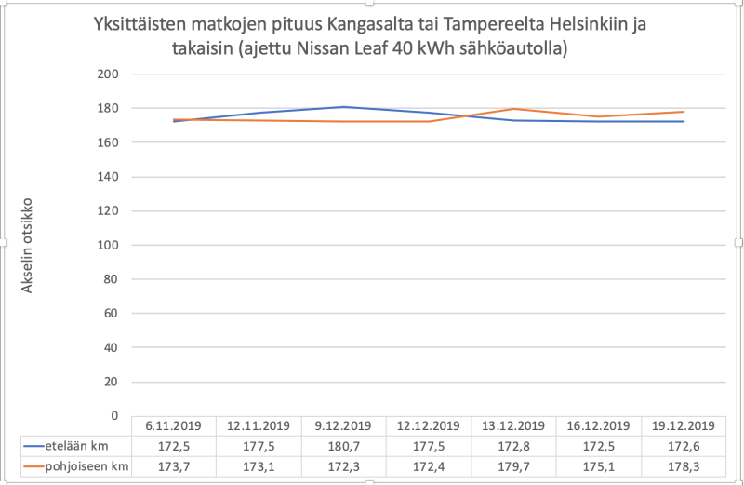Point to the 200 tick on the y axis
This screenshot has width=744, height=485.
tap(109, 74)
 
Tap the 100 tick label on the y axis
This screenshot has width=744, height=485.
tap(109, 245)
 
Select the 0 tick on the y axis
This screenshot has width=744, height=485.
tap(113, 416)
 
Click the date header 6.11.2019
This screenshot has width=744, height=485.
tap(175, 426)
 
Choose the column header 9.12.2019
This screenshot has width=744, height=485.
tap(344, 426)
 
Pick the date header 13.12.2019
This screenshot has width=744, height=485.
tap(513, 426)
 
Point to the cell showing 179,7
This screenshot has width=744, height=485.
tap(513, 465)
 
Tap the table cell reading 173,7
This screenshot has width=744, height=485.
tap(175, 465)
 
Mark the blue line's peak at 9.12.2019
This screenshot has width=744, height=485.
tap(344, 107)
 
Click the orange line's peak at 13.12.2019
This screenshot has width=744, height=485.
tap(513, 109)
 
